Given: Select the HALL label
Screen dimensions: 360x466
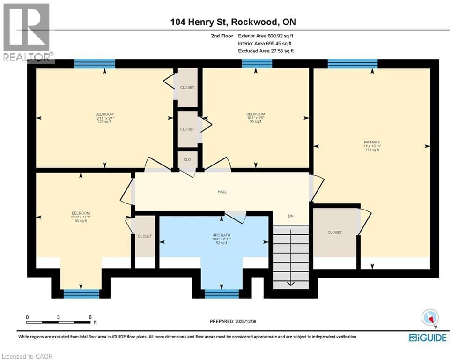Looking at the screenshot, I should pyautogui.click(x=222, y=192).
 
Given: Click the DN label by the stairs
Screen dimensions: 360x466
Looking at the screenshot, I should pyautogui.click(x=290, y=216).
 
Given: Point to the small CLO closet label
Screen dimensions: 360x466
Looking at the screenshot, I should pyautogui.click(x=187, y=159).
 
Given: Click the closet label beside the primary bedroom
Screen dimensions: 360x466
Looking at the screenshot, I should pyautogui.click(x=334, y=232).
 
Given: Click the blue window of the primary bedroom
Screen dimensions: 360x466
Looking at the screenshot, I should pyautogui.click(x=352, y=64).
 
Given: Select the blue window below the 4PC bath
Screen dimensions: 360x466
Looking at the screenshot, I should pyautogui.click(x=222, y=294).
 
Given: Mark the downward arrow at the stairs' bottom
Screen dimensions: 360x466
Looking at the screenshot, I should pyautogui.click(x=290, y=282).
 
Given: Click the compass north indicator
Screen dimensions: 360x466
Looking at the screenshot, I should pyautogui.click(x=430, y=318).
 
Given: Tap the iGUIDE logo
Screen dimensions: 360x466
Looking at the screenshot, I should pyautogui.click(x=427, y=337).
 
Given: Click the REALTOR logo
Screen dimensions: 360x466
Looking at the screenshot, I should pyautogui.click(x=26, y=33).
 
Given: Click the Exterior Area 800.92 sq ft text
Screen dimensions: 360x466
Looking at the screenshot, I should pyautogui.click(x=266, y=36).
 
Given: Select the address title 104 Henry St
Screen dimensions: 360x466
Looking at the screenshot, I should pyautogui.click(x=233, y=22).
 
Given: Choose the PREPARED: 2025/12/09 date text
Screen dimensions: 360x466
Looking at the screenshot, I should pyautogui.click(x=234, y=321).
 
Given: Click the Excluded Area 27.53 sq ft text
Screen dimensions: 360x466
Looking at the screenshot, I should pyautogui.click(x=266, y=51).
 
